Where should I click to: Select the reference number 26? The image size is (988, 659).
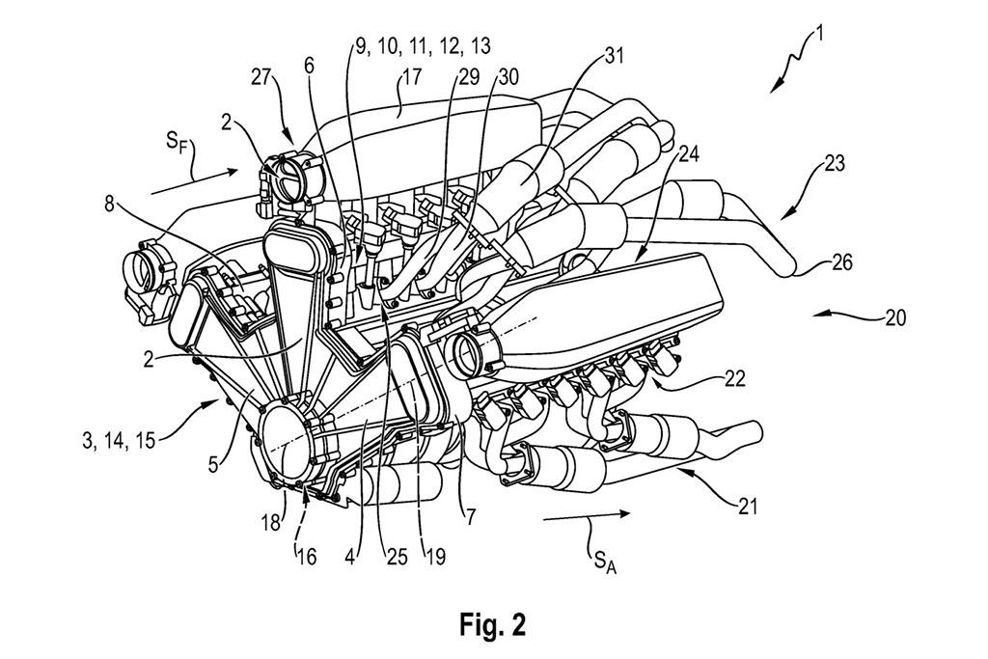[x=840, y=262]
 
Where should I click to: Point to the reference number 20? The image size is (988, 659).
[x=894, y=317]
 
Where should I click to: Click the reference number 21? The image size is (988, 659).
[x=747, y=506]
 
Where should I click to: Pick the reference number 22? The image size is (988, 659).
[x=734, y=378]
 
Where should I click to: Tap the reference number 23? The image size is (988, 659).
[x=834, y=164]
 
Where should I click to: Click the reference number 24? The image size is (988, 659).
[x=689, y=153]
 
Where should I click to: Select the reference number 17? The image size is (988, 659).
[x=411, y=77]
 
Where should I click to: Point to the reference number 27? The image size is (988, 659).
[x=261, y=77]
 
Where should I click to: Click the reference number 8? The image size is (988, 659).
[x=110, y=206]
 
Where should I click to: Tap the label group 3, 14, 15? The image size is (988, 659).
[x=119, y=440]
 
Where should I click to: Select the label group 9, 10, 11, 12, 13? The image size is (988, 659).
[x=423, y=46]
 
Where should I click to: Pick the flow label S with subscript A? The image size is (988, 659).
[x=603, y=561]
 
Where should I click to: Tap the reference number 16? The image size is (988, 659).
[x=306, y=558]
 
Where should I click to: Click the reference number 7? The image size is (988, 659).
[x=470, y=518]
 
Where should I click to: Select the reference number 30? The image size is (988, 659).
[x=508, y=77]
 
